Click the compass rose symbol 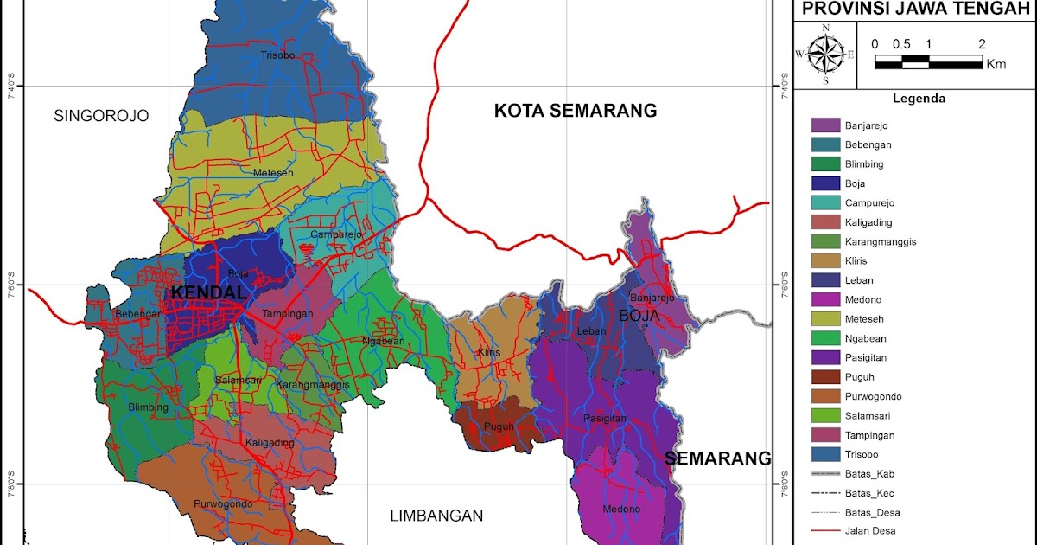pyautogui.click(x=826, y=54)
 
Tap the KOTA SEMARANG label pyautogui.click(x=576, y=111)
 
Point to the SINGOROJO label pyautogui.click(x=101, y=116)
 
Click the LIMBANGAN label pyautogui.click(x=436, y=516)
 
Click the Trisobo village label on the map pyautogui.click(x=277, y=55)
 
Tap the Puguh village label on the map pyautogui.click(x=499, y=426)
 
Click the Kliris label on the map pyautogui.click(x=489, y=353)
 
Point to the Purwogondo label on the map pyautogui.click(x=223, y=504)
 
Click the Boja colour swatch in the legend pyautogui.click(x=825, y=183)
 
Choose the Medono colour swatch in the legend pyautogui.click(x=825, y=299)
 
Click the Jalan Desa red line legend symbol pyautogui.click(x=825, y=530)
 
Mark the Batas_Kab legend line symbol pyautogui.click(x=825, y=474)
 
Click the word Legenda pyautogui.click(x=919, y=99)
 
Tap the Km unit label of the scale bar pyautogui.click(x=996, y=63)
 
